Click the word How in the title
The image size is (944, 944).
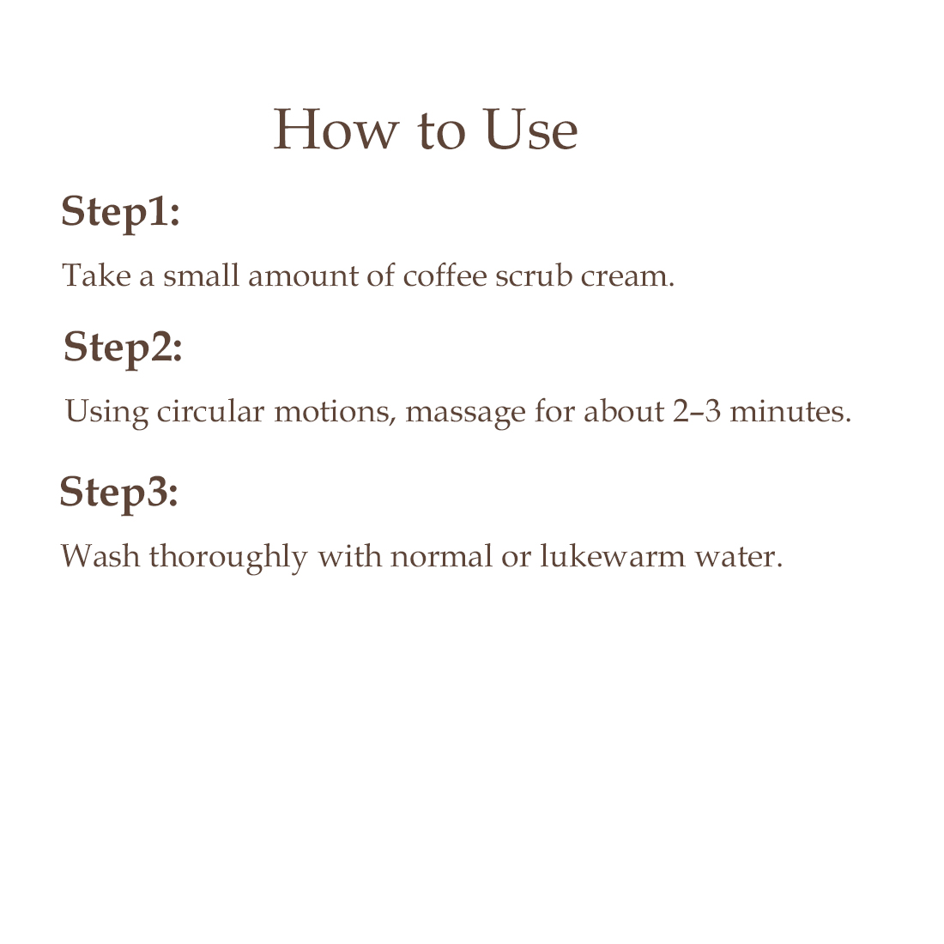[x=336, y=129]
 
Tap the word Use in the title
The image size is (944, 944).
[x=530, y=129]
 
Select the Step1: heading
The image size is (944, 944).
[x=120, y=213]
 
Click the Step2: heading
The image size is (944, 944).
[x=123, y=348]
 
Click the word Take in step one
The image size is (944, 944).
[x=96, y=275]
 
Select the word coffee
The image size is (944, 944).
[x=445, y=275]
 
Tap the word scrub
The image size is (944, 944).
[x=534, y=275]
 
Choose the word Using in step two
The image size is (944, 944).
[x=106, y=413]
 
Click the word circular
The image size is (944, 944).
[x=210, y=411]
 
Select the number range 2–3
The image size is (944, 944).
[x=697, y=411]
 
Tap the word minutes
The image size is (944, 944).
[x=790, y=411]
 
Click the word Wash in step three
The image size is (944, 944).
[x=100, y=556]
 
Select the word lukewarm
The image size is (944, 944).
[x=612, y=556]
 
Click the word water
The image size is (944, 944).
[x=739, y=557]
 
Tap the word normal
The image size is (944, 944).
[x=441, y=556]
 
